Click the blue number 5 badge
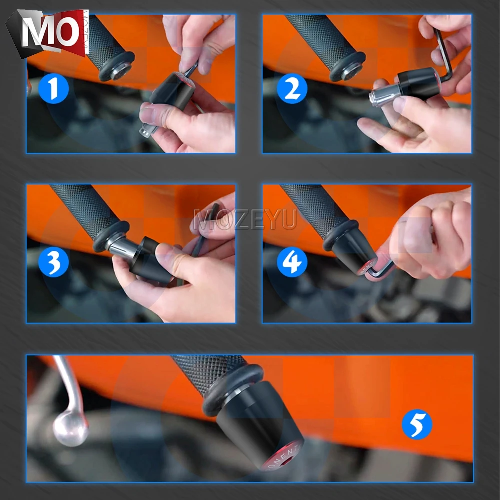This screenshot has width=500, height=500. [x=417, y=424]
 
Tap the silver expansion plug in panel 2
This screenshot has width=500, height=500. [x=382, y=96]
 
